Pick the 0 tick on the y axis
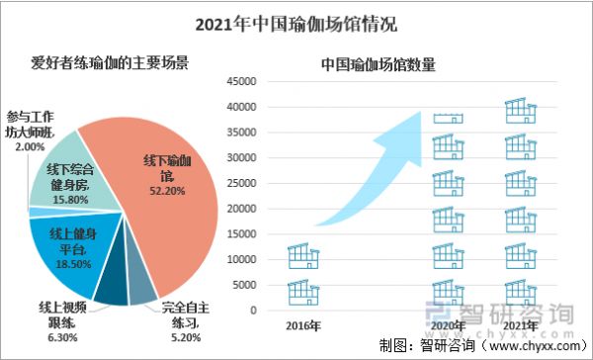tap(253, 311)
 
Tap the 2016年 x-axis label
tap(303, 325)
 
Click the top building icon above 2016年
tap(303, 256)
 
